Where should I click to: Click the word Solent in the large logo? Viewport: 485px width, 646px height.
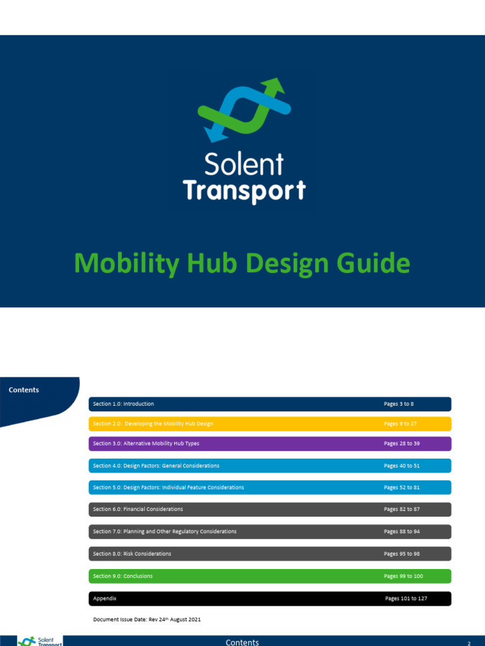(x=244, y=164)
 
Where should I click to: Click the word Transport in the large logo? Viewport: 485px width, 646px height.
(x=244, y=191)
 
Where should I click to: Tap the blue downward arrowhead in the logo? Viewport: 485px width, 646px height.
(x=213, y=134)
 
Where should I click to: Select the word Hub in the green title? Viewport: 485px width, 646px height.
(x=214, y=262)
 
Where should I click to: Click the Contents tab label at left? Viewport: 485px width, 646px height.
(x=24, y=390)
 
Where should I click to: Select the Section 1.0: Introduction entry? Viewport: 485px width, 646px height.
(x=123, y=404)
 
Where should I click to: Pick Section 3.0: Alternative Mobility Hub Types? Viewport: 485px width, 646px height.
(x=146, y=443)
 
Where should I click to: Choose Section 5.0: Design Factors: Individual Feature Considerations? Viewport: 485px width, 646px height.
(x=168, y=488)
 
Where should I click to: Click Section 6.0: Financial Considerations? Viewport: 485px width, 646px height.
(x=138, y=509)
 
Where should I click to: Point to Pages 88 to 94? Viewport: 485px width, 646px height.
(x=402, y=531)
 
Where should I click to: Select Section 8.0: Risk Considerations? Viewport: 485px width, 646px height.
(x=132, y=554)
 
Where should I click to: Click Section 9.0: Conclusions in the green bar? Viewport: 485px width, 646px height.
(x=123, y=576)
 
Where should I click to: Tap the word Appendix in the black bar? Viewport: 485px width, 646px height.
(x=105, y=598)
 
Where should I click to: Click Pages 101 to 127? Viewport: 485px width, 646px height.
(x=406, y=598)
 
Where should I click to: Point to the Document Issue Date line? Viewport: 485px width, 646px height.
(x=147, y=620)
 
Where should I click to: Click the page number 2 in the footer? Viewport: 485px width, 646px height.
(x=469, y=643)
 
